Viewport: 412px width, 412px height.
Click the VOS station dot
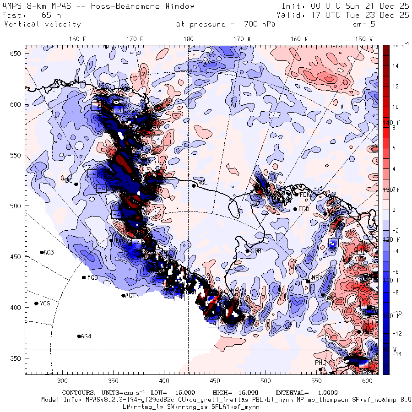pyautogui.click(x=37, y=304)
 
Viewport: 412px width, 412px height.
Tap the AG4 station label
pyautogui.click(x=86, y=336)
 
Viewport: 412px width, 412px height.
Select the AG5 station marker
pyautogui.click(x=42, y=252)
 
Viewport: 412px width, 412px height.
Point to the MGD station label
pyautogui.click(x=92, y=277)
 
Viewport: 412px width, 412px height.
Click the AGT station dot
pyautogui.click(x=123, y=295)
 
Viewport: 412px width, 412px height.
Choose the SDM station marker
pyautogui.click(x=248, y=251)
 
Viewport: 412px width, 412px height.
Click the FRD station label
pyautogui.click(x=304, y=209)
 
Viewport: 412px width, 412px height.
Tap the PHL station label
pyautogui.click(x=320, y=363)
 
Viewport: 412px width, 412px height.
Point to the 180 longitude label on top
pyautogui.click(x=188, y=39)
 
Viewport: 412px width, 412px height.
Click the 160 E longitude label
pyautogui.click(x=78, y=39)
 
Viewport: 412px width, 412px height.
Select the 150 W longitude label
pyautogui.click(x=364, y=39)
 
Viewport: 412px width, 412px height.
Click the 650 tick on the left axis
pyautogui.click(x=16, y=54)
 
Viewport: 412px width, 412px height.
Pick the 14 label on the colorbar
pyautogui.click(x=395, y=66)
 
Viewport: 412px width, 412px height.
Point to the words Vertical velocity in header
pyautogui.click(x=42, y=24)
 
